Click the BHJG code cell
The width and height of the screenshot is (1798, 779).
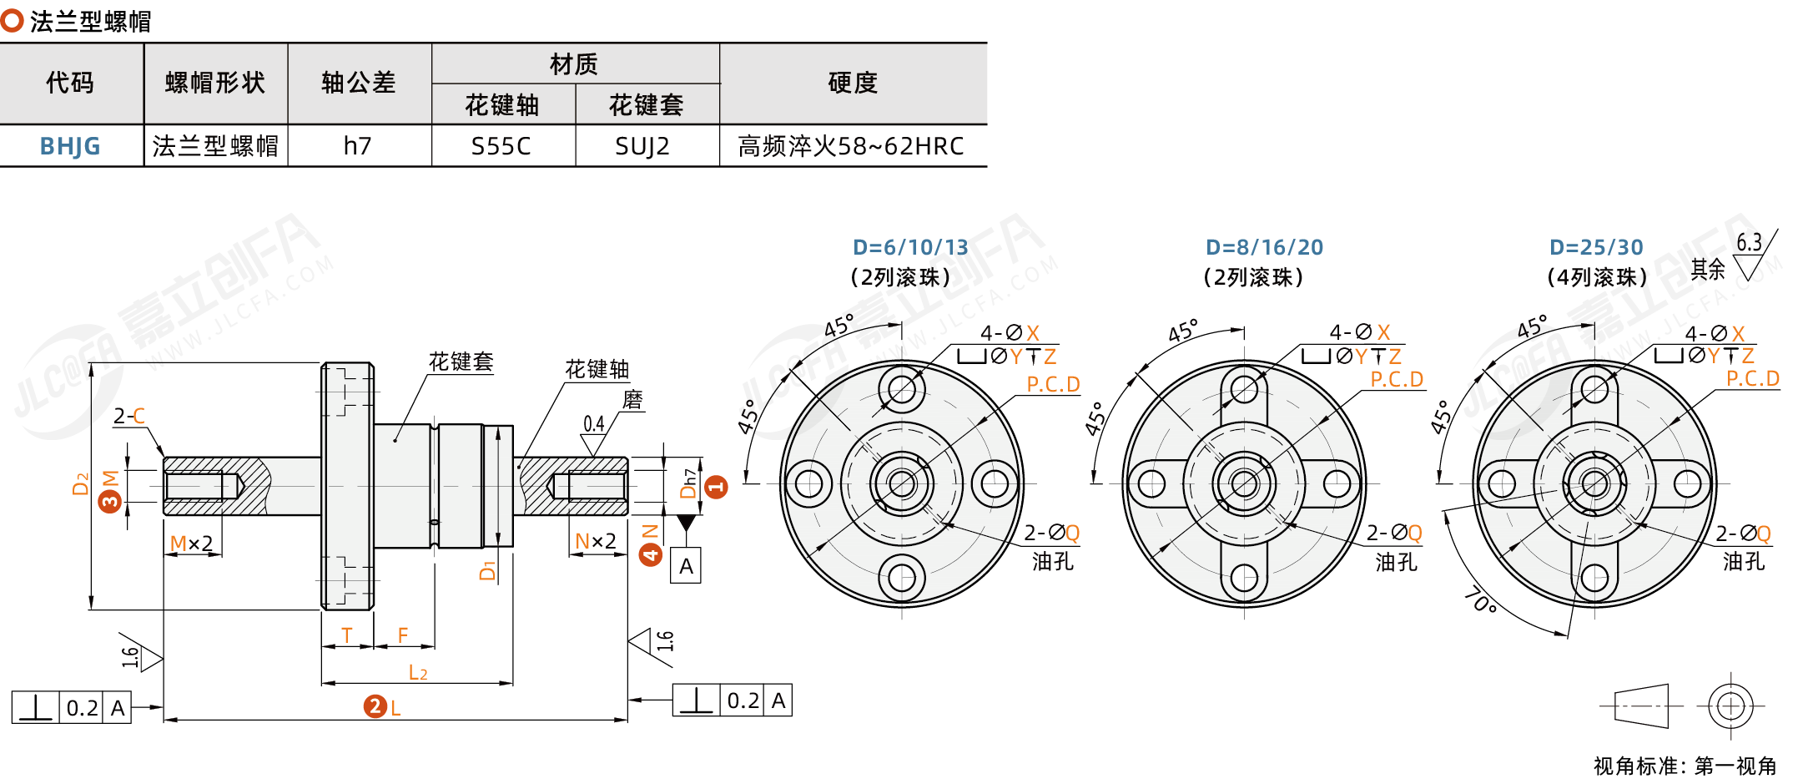coord(70,146)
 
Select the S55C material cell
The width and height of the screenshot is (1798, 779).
coord(501,146)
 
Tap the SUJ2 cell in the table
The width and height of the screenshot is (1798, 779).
coord(642,146)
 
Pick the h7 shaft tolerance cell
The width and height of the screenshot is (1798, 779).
coord(358,146)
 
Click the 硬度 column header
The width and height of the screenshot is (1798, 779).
coord(853,83)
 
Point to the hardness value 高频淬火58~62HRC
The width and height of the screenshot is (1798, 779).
coord(851,146)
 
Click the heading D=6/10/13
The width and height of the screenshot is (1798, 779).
coord(910,247)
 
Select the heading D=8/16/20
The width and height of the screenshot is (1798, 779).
coord(1264,247)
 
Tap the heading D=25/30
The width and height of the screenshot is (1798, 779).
coord(1596,247)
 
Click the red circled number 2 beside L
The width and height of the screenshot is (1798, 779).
coord(375,706)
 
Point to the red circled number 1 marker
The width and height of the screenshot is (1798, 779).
coord(716,487)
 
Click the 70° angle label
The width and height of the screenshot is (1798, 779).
coord(1480,601)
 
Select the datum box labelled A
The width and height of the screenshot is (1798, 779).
coord(686,566)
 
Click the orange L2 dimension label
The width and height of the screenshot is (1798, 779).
coord(418,672)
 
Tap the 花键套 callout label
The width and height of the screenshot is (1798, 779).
coord(461,362)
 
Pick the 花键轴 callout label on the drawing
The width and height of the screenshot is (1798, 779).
coord(597,369)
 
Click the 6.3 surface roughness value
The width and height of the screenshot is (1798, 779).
coord(1749,243)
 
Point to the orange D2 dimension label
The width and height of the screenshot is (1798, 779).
coord(80,483)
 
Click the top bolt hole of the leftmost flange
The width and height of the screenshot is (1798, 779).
coord(901,388)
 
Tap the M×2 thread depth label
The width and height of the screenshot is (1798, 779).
coord(191,544)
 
